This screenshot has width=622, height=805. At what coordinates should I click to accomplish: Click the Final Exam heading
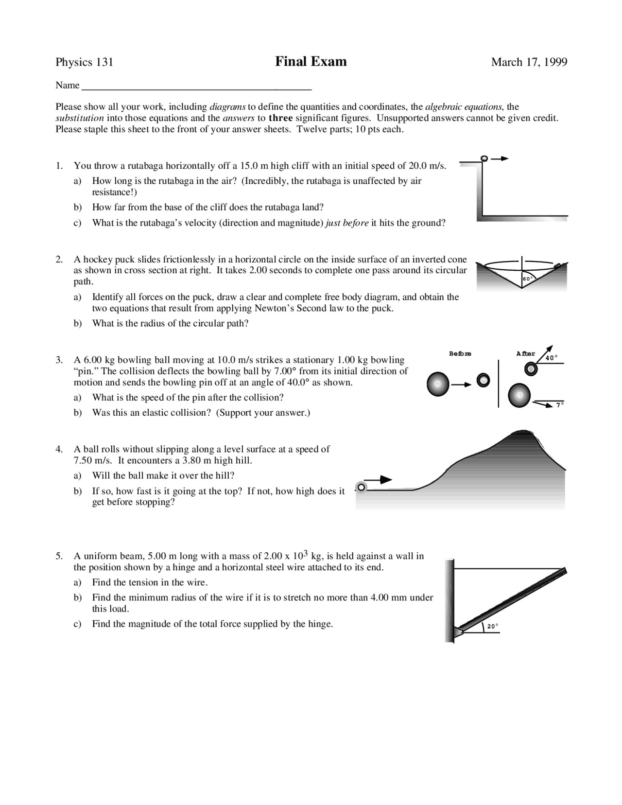point(311,62)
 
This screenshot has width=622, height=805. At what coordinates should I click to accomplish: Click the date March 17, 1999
point(529,62)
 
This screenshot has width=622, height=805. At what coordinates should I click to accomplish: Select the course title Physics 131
point(85,62)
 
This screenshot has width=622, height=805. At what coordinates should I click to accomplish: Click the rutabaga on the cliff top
point(484,158)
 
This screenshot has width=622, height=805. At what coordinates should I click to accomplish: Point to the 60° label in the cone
point(528,279)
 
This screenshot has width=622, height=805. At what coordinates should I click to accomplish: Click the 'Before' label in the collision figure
point(460,354)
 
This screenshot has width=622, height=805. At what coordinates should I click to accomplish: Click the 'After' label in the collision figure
point(525,354)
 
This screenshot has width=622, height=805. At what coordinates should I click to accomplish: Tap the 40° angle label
point(551,358)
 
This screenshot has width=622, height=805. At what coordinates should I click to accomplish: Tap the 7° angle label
point(560,404)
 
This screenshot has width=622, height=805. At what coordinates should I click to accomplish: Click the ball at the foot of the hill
point(361,487)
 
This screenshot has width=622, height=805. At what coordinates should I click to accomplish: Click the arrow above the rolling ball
point(380,480)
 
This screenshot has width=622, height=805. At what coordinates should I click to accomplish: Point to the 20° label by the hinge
point(493,627)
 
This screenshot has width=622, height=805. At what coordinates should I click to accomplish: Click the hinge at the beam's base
point(457,631)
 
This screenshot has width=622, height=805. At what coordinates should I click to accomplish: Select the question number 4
point(59,449)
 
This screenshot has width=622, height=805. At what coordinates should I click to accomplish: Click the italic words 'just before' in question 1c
point(347,223)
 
